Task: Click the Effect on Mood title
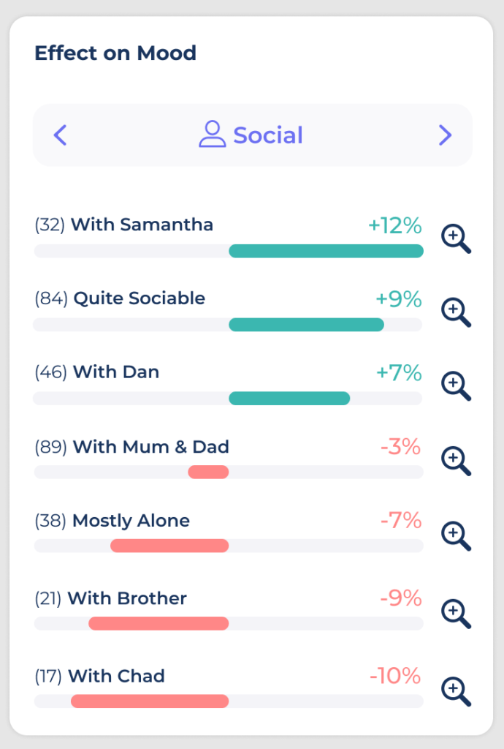[115, 53]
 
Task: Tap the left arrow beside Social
[61, 135]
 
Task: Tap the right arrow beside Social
[445, 135]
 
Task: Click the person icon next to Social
[212, 135]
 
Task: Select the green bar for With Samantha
[326, 251]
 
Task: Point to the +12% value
[395, 225]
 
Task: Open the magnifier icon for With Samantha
[456, 238]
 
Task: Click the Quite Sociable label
[139, 298]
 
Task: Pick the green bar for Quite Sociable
[306, 325]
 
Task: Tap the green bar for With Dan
[289, 398]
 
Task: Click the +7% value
[399, 373]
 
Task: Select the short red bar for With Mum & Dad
[208, 473]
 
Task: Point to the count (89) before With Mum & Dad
[51, 447]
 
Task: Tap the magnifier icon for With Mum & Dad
[456, 461]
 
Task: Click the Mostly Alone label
[131, 521]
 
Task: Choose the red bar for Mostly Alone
[169, 546]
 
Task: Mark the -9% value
[401, 598]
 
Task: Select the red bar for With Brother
[159, 623]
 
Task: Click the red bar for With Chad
[150, 701]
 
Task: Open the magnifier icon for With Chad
[456, 690]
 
